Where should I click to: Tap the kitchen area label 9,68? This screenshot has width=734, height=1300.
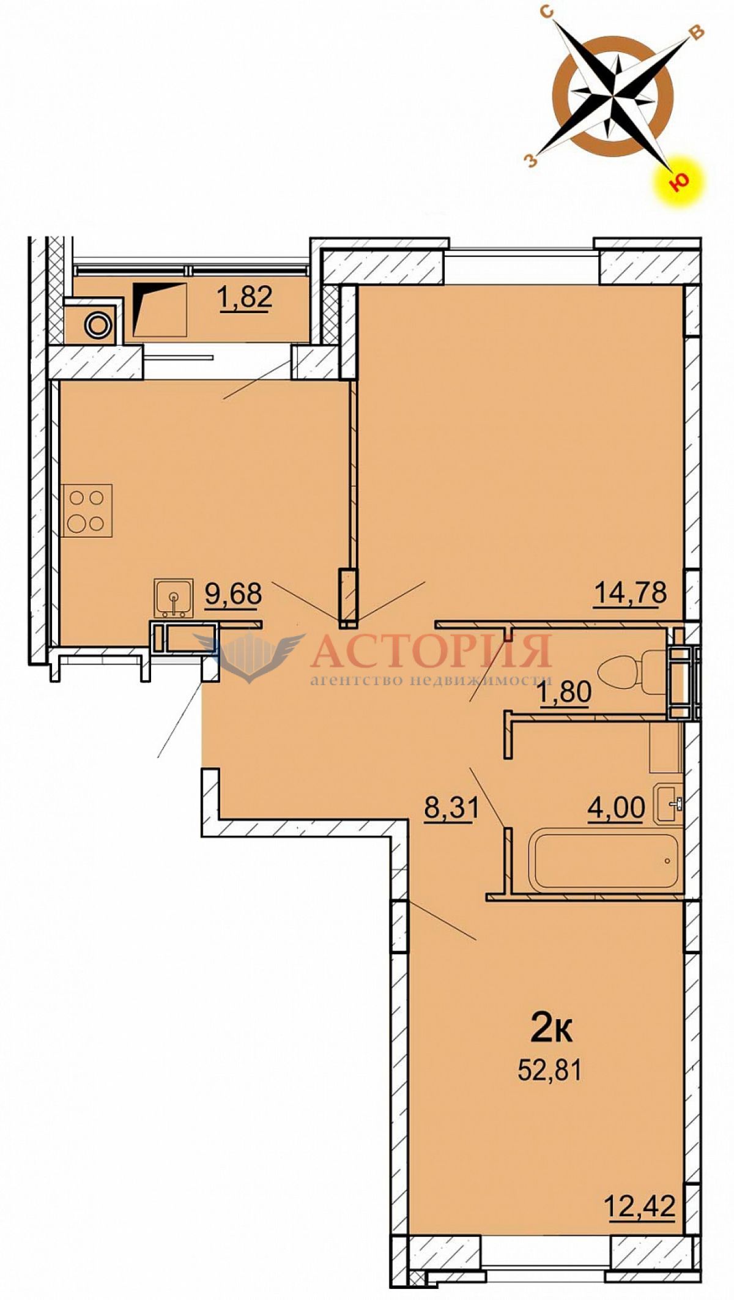pyautogui.click(x=233, y=594)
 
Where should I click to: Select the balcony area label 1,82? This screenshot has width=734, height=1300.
pyautogui.click(x=245, y=299)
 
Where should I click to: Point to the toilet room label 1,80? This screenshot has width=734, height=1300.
pyautogui.click(x=565, y=694)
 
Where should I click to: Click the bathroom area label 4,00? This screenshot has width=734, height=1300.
pyautogui.click(x=616, y=808)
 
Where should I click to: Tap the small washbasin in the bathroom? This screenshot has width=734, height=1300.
pyautogui.click(x=669, y=803)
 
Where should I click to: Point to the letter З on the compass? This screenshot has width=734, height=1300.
pyautogui.click(x=532, y=161)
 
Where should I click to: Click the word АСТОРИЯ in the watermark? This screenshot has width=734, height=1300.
pyautogui.click(x=431, y=651)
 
